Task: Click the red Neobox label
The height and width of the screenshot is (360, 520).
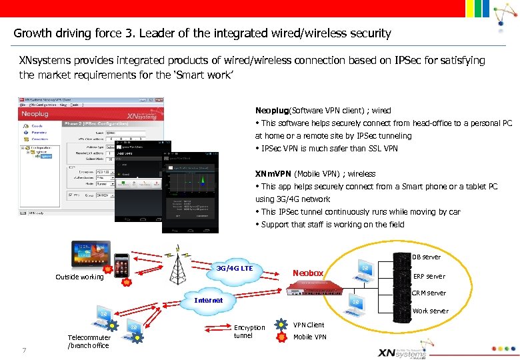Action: pyautogui.click(x=309, y=273)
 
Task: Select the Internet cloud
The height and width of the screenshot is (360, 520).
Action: pyautogui.click(x=208, y=300)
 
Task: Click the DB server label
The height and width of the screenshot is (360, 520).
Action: pyautogui.click(x=426, y=257)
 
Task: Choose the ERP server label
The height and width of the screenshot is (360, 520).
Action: pyautogui.click(x=429, y=276)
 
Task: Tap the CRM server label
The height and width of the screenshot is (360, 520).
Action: pyautogui.click(x=429, y=293)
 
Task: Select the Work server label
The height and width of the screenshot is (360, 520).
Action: pyautogui.click(x=430, y=311)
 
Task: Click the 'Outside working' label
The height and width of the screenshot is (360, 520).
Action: pyautogui.click(x=79, y=277)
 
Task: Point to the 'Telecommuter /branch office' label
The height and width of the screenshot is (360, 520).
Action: pyautogui.click(x=88, y=341)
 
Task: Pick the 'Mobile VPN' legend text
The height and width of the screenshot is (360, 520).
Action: pyautogui.click(x=310, y=337)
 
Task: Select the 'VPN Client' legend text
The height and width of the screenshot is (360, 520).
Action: pyautogui.click(x=309, y=325)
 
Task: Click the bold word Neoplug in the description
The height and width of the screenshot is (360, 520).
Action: pyautogui.click(x=271, y=111)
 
